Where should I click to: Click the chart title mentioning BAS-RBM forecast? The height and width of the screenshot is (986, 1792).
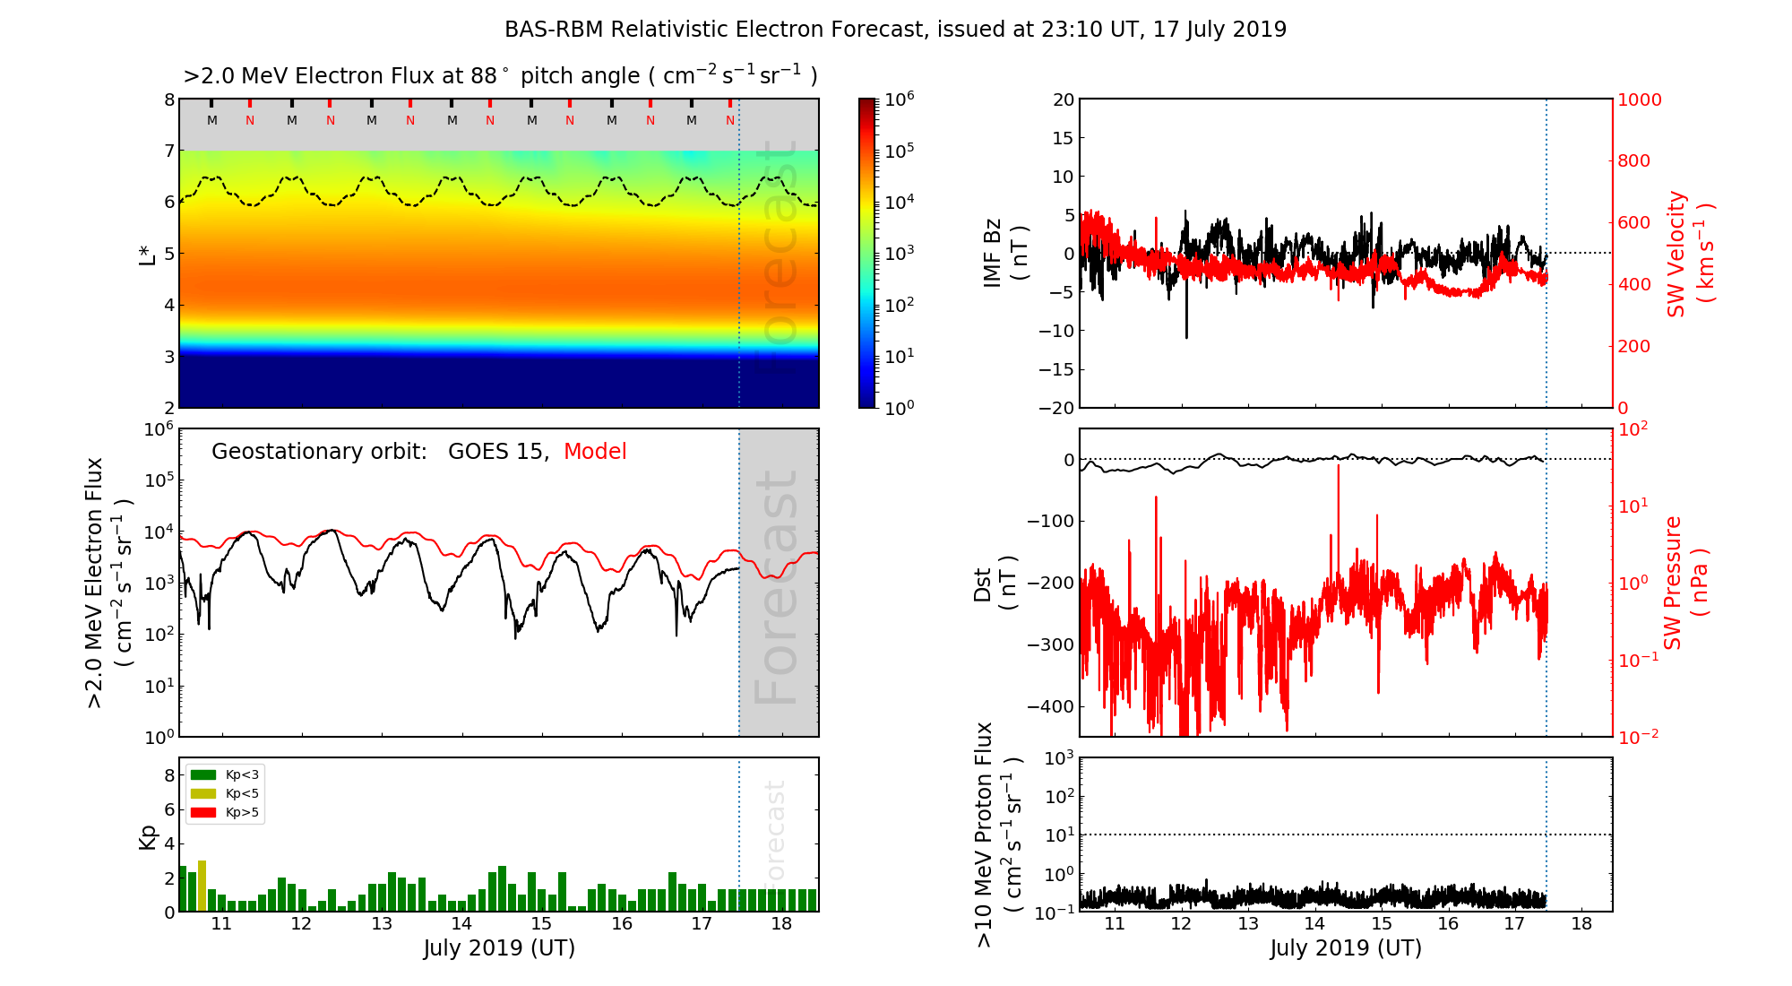pos(895,30)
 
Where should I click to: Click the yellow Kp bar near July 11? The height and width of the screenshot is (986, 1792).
pos(202,885)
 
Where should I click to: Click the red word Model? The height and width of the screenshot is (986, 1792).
pos(595,452)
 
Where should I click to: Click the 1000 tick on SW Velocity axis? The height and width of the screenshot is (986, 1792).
pos(1639,99)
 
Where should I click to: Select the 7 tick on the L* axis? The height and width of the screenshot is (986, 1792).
pos(168,151)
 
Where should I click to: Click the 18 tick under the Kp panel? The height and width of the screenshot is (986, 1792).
pos(781,924)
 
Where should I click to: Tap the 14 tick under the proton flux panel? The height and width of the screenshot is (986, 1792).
pos(1314,924)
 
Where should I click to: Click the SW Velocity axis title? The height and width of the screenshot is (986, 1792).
pos(1690,253)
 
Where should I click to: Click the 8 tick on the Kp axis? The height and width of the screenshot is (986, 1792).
pos(168,775)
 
